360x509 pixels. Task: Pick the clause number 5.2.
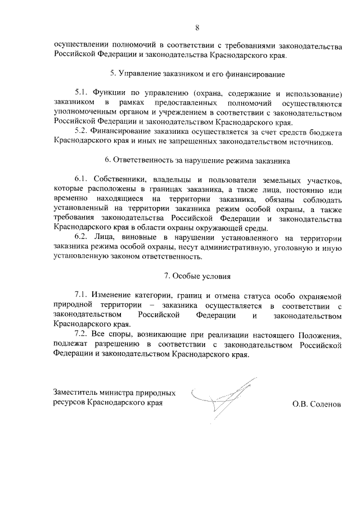coord(82,132)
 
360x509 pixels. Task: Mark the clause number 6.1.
coord(82,179)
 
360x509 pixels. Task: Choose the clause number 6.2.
coord(82,237)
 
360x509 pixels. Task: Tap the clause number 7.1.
coord(82,295)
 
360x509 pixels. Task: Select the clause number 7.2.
coord(82,334)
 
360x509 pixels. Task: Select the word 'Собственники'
coord(120,179)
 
